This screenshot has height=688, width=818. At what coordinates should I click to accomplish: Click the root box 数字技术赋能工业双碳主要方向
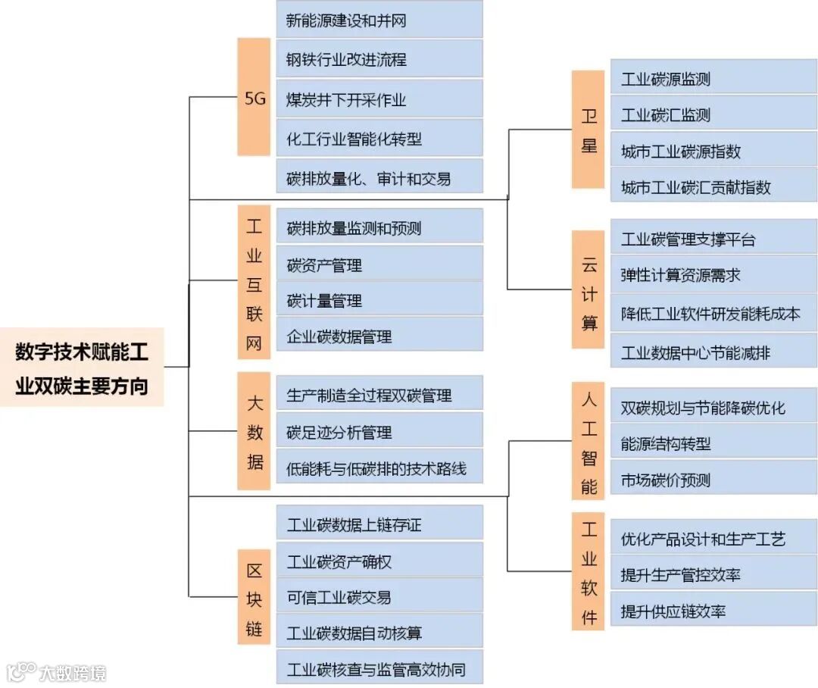[x=82, y=367]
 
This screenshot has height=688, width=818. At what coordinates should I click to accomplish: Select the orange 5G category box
[x=254, y=97]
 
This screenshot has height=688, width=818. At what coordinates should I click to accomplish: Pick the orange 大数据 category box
[x=254, y=431]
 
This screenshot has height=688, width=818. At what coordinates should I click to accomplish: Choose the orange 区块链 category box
[x=254, y=599]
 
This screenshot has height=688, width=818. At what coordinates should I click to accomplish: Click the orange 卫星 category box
[x=588, y=129]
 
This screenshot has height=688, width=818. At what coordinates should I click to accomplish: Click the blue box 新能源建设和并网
[x=379, y=20]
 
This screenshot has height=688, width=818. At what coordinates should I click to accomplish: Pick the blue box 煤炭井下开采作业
[x=379, y=99]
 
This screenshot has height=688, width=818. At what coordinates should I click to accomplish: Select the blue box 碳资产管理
[x=379, y=264]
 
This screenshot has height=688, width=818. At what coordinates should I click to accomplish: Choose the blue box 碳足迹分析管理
[x=379, y=432]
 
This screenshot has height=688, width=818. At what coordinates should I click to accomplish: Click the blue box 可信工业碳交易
[x=379, y=597]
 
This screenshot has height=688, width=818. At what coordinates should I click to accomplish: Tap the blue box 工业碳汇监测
[x=713, y=115]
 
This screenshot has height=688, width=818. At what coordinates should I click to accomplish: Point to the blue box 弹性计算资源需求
[x=713, y=275]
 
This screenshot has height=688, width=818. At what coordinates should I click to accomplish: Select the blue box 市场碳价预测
[x=713, y=480]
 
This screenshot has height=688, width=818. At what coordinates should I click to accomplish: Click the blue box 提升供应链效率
[x=713, y=611]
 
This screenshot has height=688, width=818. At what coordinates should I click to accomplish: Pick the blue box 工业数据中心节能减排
[x=713, y=352]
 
